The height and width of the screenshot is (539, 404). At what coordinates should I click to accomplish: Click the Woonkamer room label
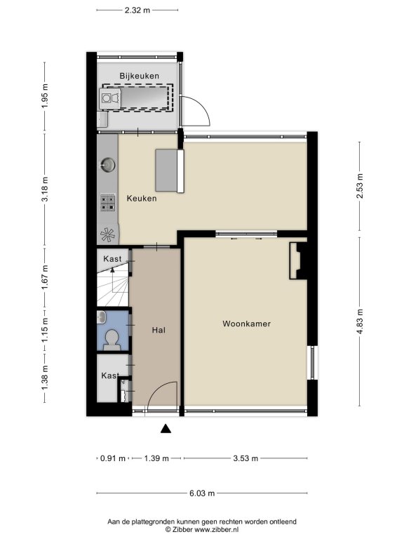[x=246, y=324]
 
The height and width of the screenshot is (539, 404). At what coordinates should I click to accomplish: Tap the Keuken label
[x=142, y=199]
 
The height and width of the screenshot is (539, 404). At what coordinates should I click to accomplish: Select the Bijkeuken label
[x=139, y=76]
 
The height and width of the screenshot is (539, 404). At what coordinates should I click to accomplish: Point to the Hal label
[x=159, y=330]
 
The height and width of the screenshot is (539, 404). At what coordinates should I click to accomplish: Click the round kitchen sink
[x=107, y=165]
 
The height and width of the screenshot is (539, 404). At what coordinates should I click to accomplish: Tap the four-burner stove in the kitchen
[x=107, y=202]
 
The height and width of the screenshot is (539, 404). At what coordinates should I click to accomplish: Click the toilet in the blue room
[x=112, y=340]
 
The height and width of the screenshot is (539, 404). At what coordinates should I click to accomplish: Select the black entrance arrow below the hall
[x=166, y=428]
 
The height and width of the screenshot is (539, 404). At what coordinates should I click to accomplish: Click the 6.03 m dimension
[x=202, y=493]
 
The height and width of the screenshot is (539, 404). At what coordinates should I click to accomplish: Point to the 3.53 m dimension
[x=245, y=458]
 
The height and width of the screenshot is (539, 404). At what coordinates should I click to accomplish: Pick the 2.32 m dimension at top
[x=137, y=10]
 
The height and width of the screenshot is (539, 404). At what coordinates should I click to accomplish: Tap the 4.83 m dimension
[x=359, y=321]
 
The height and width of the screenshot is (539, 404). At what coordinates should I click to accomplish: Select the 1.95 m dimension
[x=45, y=96]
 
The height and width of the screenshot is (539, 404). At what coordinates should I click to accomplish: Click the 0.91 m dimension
[x=113, y=458]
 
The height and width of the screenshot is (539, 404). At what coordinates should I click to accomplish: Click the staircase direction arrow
[x=112, y=270]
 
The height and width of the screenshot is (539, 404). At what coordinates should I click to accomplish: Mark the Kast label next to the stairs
[x=112, y=258]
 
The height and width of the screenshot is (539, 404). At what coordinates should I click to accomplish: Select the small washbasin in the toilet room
[x=101, y=317]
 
